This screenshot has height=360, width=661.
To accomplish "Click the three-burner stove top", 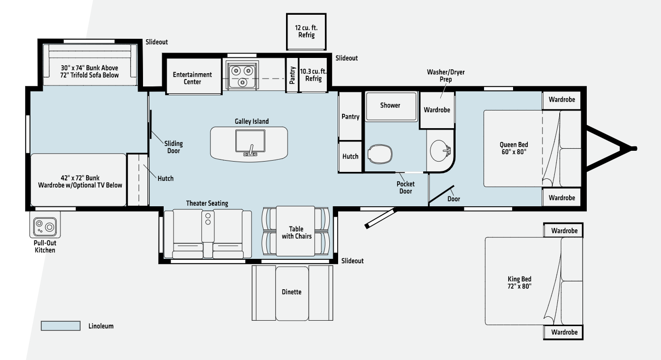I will tap(242, 75).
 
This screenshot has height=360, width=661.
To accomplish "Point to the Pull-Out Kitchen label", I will tap(45, 247).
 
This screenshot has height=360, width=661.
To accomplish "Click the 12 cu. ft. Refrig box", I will tap(306, 31).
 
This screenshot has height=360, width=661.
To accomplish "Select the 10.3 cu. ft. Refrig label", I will tap(313, 75).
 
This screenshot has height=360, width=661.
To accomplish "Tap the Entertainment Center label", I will tap(192, 78).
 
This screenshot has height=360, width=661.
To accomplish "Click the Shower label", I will tap(390, 105).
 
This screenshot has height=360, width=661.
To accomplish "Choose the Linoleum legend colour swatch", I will tap(60, 326).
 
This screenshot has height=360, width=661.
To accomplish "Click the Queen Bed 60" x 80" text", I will tap(514, 148).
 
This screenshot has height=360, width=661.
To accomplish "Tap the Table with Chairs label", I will tap(296, 232).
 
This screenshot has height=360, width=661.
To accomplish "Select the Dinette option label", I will tap(291, 292).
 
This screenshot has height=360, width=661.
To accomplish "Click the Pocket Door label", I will tap(405, 187).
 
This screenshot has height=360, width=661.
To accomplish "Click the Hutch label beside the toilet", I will tap(350, 156).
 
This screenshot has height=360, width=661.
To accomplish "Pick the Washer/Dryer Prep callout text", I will tap(446, 75).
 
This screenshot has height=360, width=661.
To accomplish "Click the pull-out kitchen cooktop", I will tap(45, 226).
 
